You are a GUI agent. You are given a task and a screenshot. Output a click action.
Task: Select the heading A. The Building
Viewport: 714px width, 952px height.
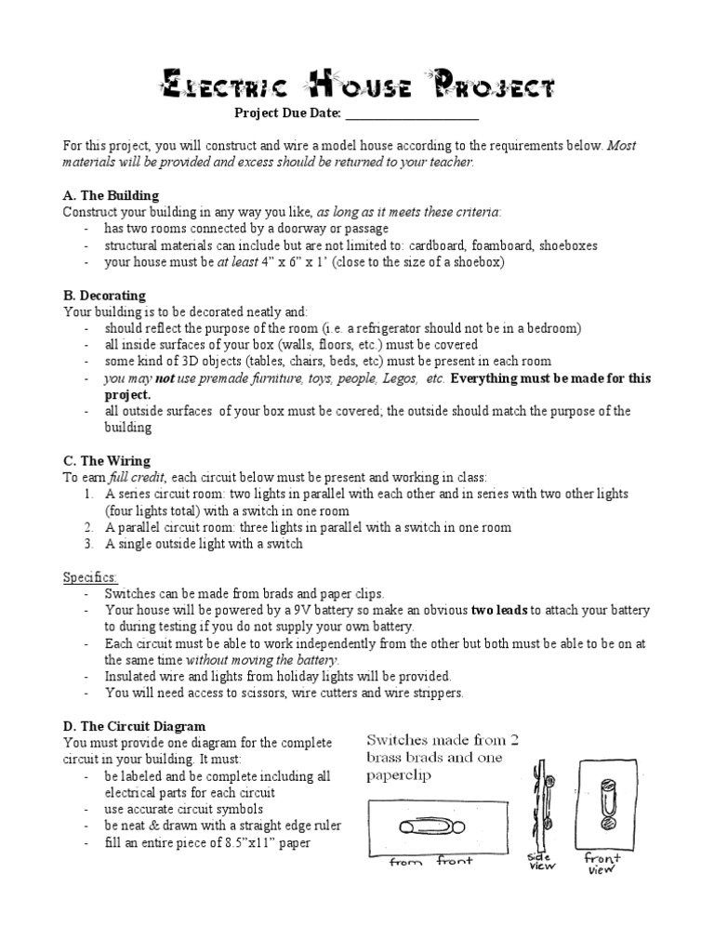(111, 196)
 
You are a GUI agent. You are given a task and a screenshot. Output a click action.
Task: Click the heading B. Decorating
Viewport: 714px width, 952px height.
(104, 296)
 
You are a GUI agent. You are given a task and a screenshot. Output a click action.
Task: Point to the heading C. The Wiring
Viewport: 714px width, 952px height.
(106, 460)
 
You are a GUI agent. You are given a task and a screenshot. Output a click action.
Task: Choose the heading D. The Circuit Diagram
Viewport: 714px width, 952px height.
(134, 725)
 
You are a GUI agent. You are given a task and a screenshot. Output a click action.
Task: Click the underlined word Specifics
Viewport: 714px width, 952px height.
(90, 576)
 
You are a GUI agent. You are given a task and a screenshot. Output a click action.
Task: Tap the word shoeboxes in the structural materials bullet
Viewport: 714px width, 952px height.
(566, 245)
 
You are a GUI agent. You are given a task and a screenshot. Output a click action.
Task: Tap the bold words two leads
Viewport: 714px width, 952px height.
(501, 610)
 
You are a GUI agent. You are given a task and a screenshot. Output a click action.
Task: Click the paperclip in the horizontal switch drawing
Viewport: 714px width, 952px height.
(424, 826)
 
